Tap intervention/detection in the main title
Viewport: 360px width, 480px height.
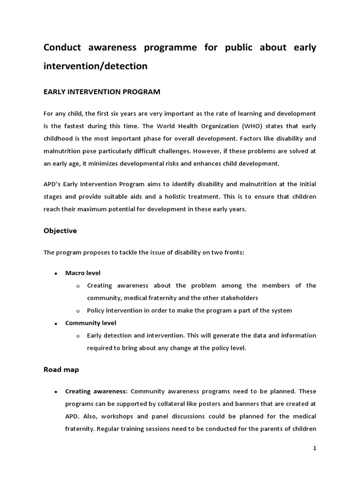(95, 67)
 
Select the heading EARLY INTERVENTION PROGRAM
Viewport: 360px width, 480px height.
(102, 92)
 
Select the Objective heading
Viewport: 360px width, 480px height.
(60, 231)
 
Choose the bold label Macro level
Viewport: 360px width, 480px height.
(82, 273)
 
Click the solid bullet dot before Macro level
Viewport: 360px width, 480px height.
(56, 273)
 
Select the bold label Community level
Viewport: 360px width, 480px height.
(90, 323)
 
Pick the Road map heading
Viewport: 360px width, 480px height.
(61, 369)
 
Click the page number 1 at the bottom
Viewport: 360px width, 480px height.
(315, 448)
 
